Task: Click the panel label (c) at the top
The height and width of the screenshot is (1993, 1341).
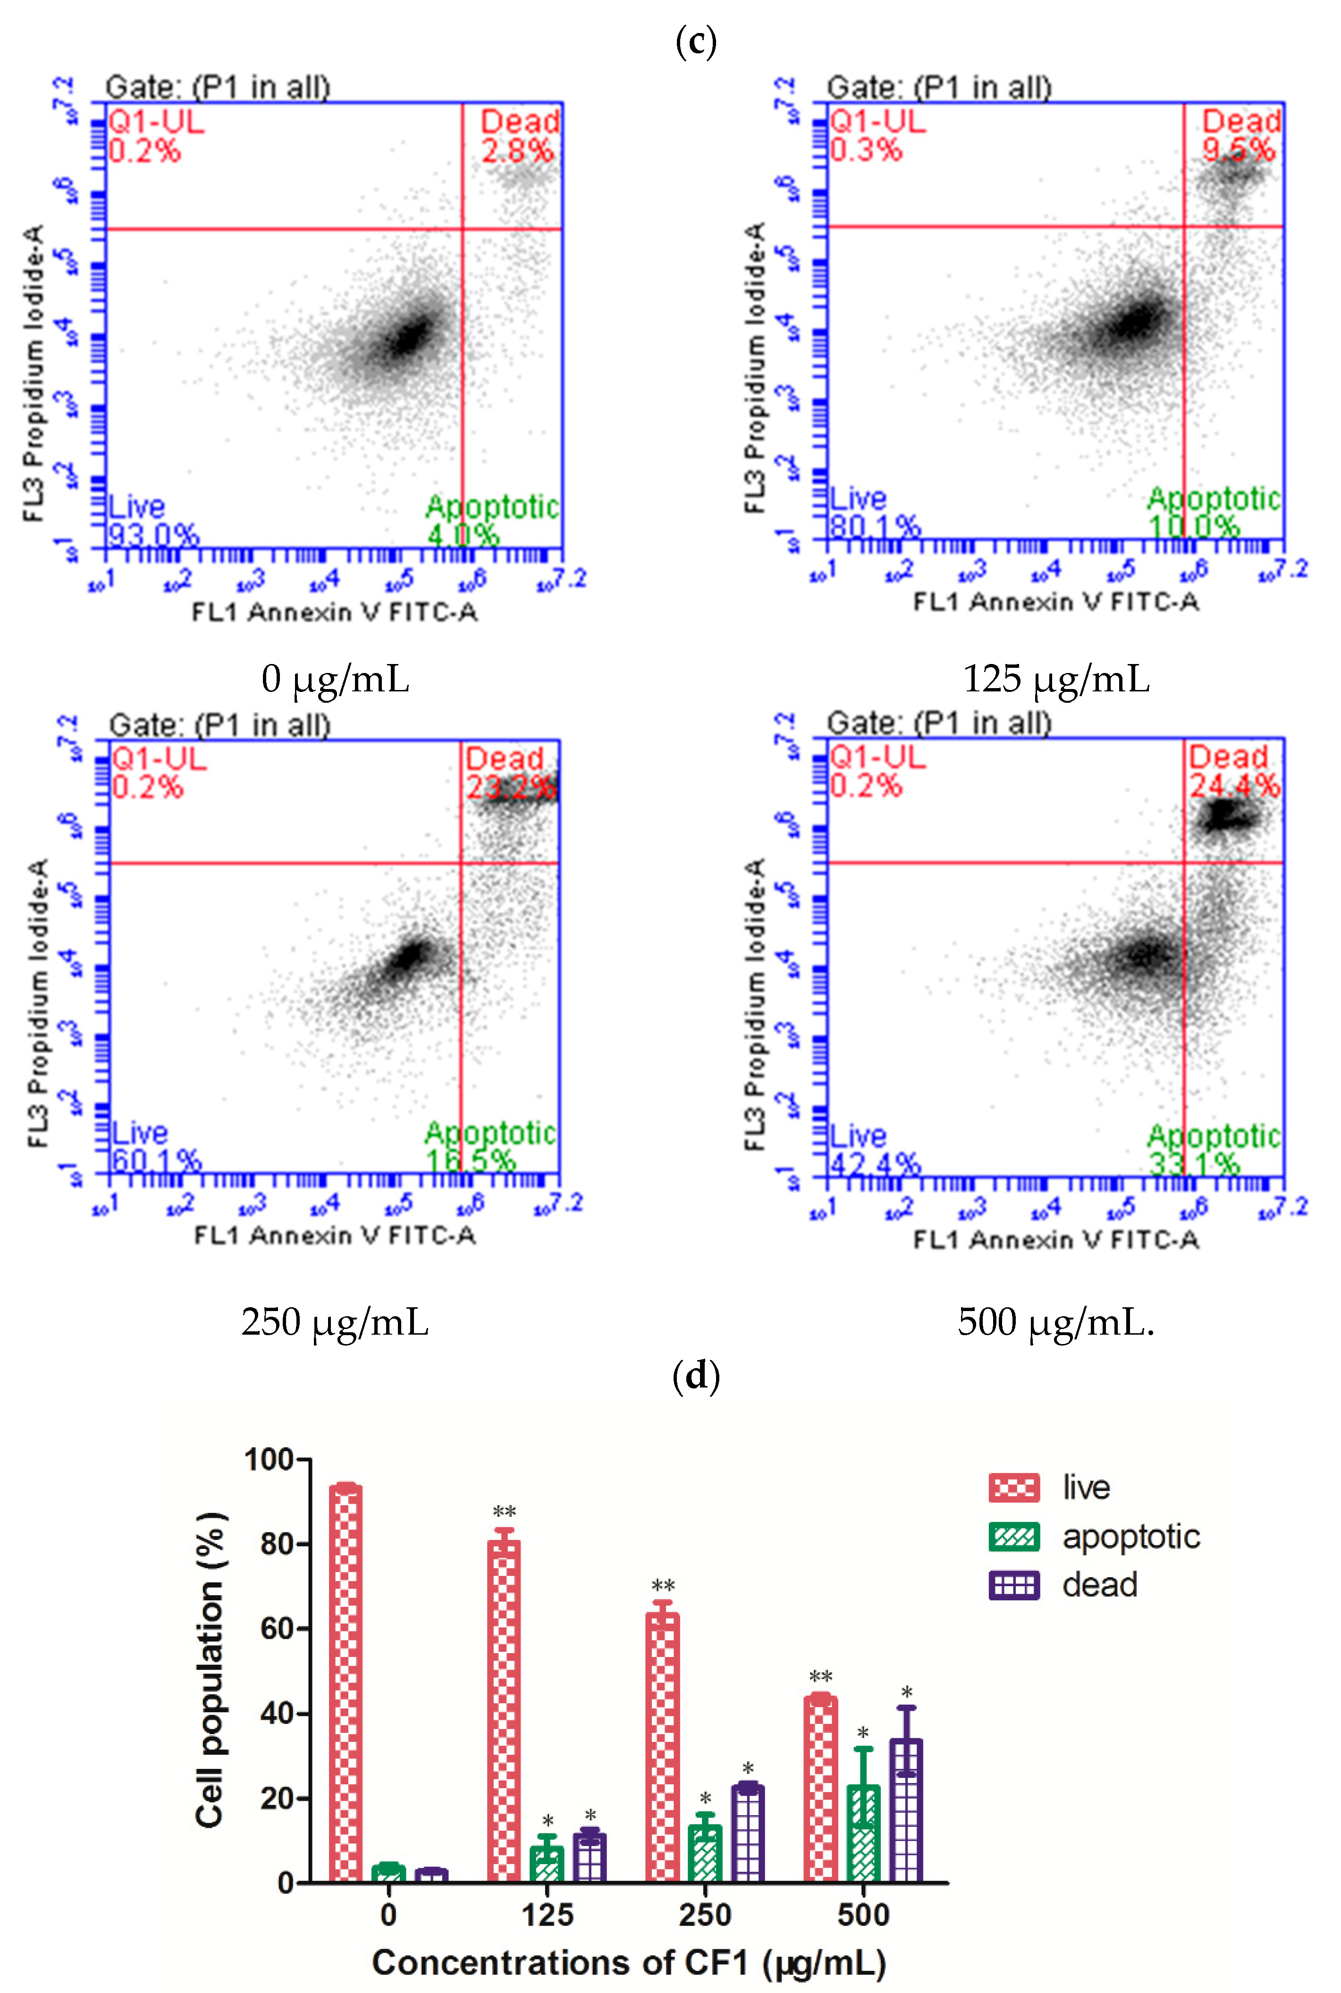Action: tap(695, 42)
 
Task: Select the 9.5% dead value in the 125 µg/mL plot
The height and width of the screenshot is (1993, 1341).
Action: tap(1239, 151)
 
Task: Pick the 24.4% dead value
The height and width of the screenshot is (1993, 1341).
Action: tap(1235, 785)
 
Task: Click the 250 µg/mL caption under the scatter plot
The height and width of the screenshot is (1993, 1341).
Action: tap(334, 1322)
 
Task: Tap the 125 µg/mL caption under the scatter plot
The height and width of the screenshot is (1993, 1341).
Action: tap(1056, 679)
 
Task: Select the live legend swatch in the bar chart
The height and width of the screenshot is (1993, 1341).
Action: tap(1013, 1488)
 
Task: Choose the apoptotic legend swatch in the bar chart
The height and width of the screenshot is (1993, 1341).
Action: tap(1013, 1537)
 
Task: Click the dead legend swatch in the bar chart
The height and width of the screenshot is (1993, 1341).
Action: tap(1013, 1585)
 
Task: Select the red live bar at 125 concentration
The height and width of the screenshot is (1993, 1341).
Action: tap(504, 1710)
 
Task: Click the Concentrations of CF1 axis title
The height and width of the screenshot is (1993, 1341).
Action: tap(629, 1962)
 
